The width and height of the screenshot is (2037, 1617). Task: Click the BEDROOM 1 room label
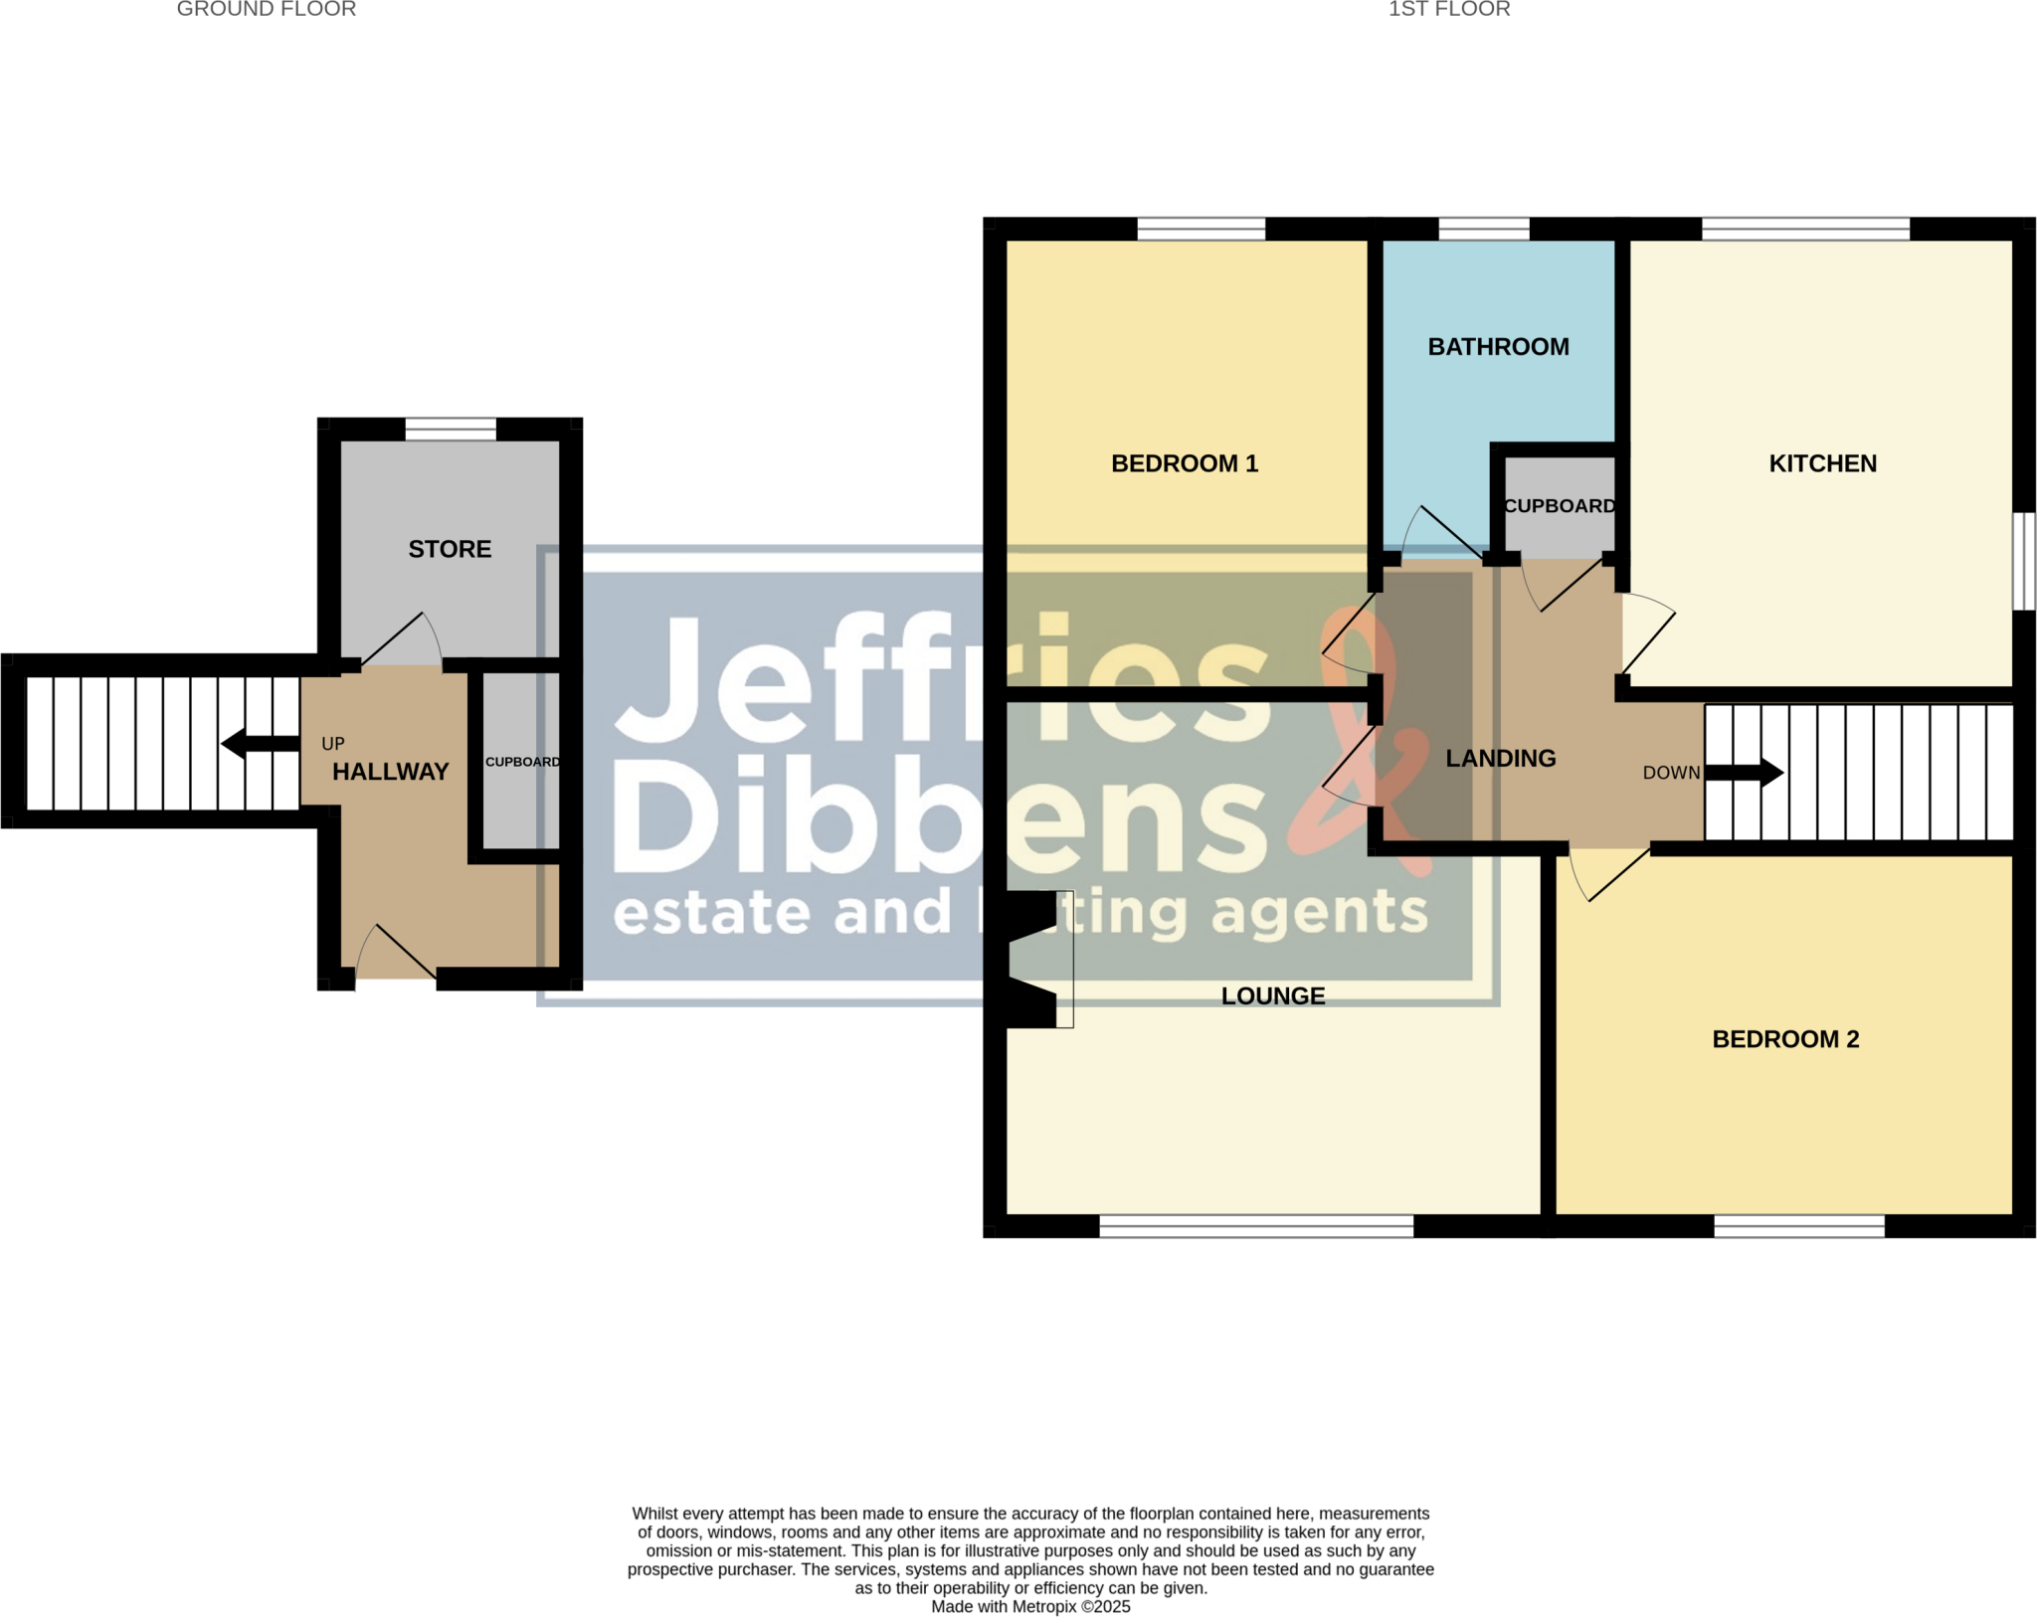click(x=1184, y=463)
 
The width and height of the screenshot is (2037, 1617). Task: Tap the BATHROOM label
click(x=1498, y=347)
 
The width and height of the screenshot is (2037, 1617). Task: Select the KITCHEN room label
click(x=1822, y=463)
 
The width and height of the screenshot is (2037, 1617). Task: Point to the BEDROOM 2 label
click(x=1785, y=1039)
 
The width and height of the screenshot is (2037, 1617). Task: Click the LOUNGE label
click(x=1273, y=996)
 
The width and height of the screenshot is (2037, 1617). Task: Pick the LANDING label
click(x=1500, y=759)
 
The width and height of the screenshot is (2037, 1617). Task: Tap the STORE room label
click(x=450, y=549)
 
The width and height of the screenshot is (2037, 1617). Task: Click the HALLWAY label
click(x=390, y=772)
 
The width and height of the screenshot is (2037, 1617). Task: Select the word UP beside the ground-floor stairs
click(x=333, y=744)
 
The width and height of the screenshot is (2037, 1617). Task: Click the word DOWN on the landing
click(x=1671, y=773)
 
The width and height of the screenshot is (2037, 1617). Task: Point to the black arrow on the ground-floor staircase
click(x=260, y=743)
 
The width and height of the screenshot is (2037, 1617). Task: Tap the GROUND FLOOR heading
click(x=266, y=10)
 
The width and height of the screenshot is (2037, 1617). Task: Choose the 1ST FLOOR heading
click(x=1449, y=10)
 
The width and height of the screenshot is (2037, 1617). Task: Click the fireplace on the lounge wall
click(x=1034, y=959)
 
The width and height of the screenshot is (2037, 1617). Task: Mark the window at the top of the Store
click(x=451, y=430)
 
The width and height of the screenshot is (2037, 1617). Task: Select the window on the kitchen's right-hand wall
click(x=2024, y=561)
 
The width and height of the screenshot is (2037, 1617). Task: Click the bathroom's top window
click(x=1483, y=230)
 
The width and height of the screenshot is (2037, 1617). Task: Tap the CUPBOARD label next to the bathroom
click(x=1560, y=506)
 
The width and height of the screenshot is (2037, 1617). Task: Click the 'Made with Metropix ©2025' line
click(x=1030, y=1607)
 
